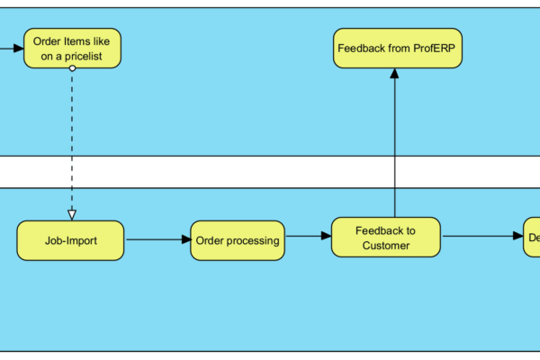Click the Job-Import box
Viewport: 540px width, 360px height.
(x=70, y=240)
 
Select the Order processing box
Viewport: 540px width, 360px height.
(x=238, y=240)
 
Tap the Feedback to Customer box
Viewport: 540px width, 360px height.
(x=386, y=238)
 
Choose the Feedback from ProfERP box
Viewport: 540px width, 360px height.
(x=398, y=47)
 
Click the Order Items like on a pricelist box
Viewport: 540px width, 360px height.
(x=72, y=48)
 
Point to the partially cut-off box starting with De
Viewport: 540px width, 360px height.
(x=532, y=238)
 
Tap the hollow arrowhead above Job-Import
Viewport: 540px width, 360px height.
(x=72, y=214)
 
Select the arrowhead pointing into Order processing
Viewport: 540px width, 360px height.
(x=186, y=240)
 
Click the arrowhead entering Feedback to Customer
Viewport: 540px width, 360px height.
(x=327, y=237)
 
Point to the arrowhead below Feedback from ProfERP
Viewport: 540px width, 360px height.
(x=394, y=74)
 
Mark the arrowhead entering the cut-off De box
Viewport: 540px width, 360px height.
(x=519, y=237)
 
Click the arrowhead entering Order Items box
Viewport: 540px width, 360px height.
(x=19, y=48)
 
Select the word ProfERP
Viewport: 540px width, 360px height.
(x=428, y=47)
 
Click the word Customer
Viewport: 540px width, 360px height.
(x=386, y=246)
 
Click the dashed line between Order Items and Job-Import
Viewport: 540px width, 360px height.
(x=72, y=144)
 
